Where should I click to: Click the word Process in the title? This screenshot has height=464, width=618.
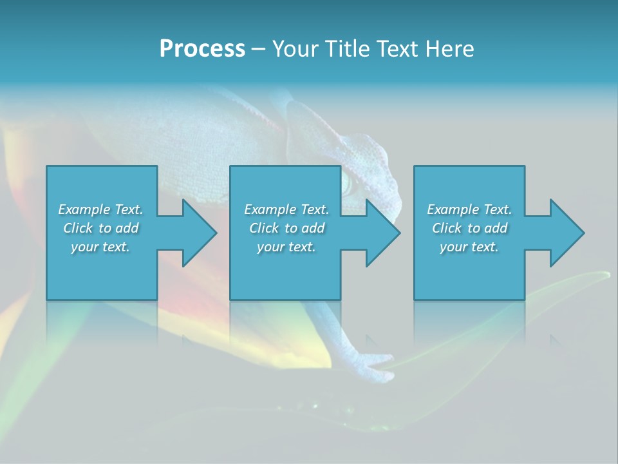pos(202,49)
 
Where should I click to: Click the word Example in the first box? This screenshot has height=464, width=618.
pos(84,209)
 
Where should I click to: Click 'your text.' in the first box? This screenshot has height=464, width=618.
pos(100,247)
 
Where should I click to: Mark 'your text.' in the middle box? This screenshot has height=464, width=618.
pos(286,247)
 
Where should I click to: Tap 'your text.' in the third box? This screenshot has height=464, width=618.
pos(469,247)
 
